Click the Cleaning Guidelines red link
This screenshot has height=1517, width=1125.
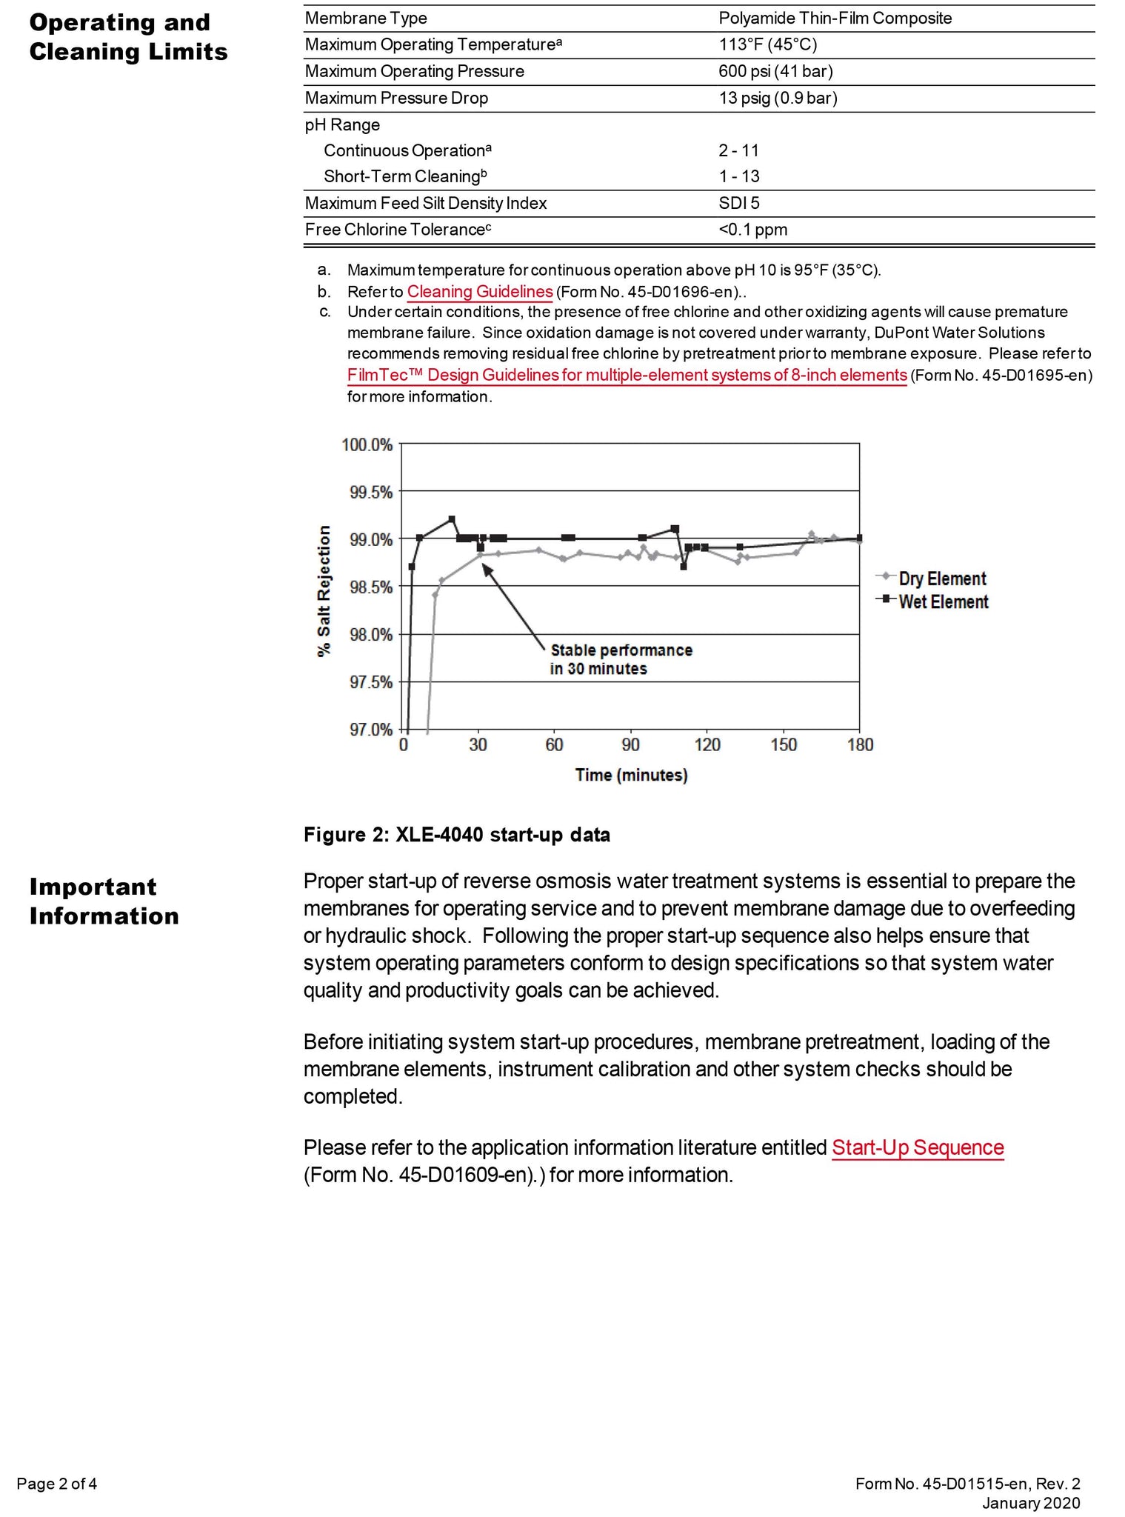pyautogui.click(x=479, y=291)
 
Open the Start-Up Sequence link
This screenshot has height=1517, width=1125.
pyautogui.click(x=917, y=1147)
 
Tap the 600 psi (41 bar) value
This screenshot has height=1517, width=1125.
pyautogui.click(x=775, y=71)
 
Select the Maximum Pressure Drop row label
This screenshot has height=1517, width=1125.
pyautogui.click(x=396, y=98)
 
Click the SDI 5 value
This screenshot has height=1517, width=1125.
pyautogui.click(x=738, y=203)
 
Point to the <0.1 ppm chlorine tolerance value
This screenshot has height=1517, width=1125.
pyautogui.click(x=752, y=230)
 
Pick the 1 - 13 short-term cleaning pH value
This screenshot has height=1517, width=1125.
pyautogui.click(x=738, y=176)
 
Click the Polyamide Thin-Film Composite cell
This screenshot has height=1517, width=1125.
pyautogui.click(x=835, y=18)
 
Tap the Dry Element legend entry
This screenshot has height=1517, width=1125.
pyautogui.click(x=941, y=579)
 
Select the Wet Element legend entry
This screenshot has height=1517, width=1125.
pyautogui.click(x=943, y=601)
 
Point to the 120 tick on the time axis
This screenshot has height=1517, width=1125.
pyautogui.click(x=707, y=744)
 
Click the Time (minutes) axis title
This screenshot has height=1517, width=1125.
pyautogui.click(x=631, y=775)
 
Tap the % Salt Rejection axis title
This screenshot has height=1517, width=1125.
pyautogui.click(x=324, y=590)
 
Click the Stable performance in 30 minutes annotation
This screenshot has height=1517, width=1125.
pyautogui.click(x=621, y=659)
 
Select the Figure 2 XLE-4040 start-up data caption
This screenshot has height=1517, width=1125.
pyautogui.click(x=457, y=835)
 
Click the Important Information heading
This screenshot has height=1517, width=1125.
pyautogui.click(x=104, y=901)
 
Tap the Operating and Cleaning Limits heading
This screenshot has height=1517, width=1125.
pyautogui.click(x=128, y=37)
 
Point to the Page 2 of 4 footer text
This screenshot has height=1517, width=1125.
pyautogui.click(x=57, y=1483)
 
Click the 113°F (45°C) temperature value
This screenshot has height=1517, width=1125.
pyautogui.click(x=767, y=44)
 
